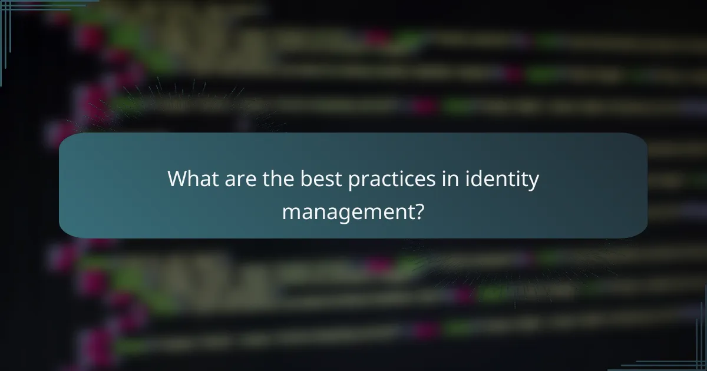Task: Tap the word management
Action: pos(346,210)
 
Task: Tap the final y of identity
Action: pos(533,181)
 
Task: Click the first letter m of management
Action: pos(290,211)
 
